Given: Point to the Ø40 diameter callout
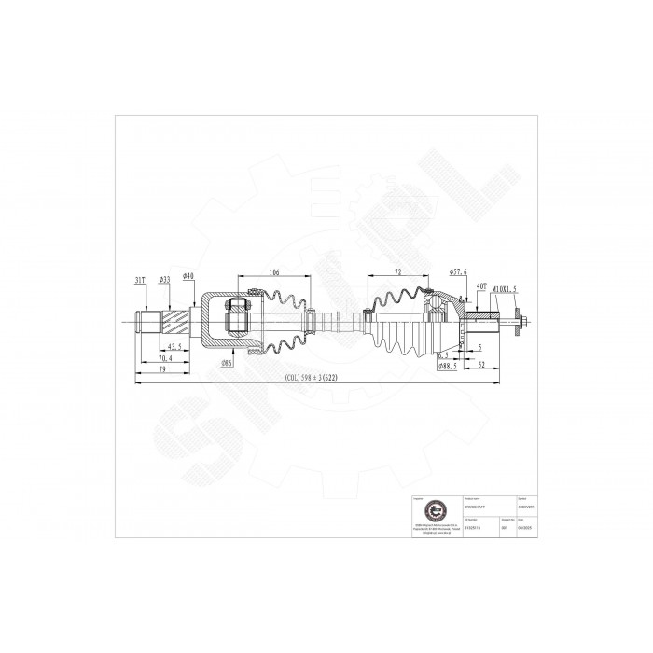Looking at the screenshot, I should (x=188, y=276).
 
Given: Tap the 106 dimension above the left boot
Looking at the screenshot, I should (x=274, y=272).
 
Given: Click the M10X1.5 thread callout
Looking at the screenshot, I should (x=504, y=288).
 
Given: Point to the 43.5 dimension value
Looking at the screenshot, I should (x=173, y=347).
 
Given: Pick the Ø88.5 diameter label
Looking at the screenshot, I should (x=449, y=367).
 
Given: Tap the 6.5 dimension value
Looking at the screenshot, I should (x=445, y=355).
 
